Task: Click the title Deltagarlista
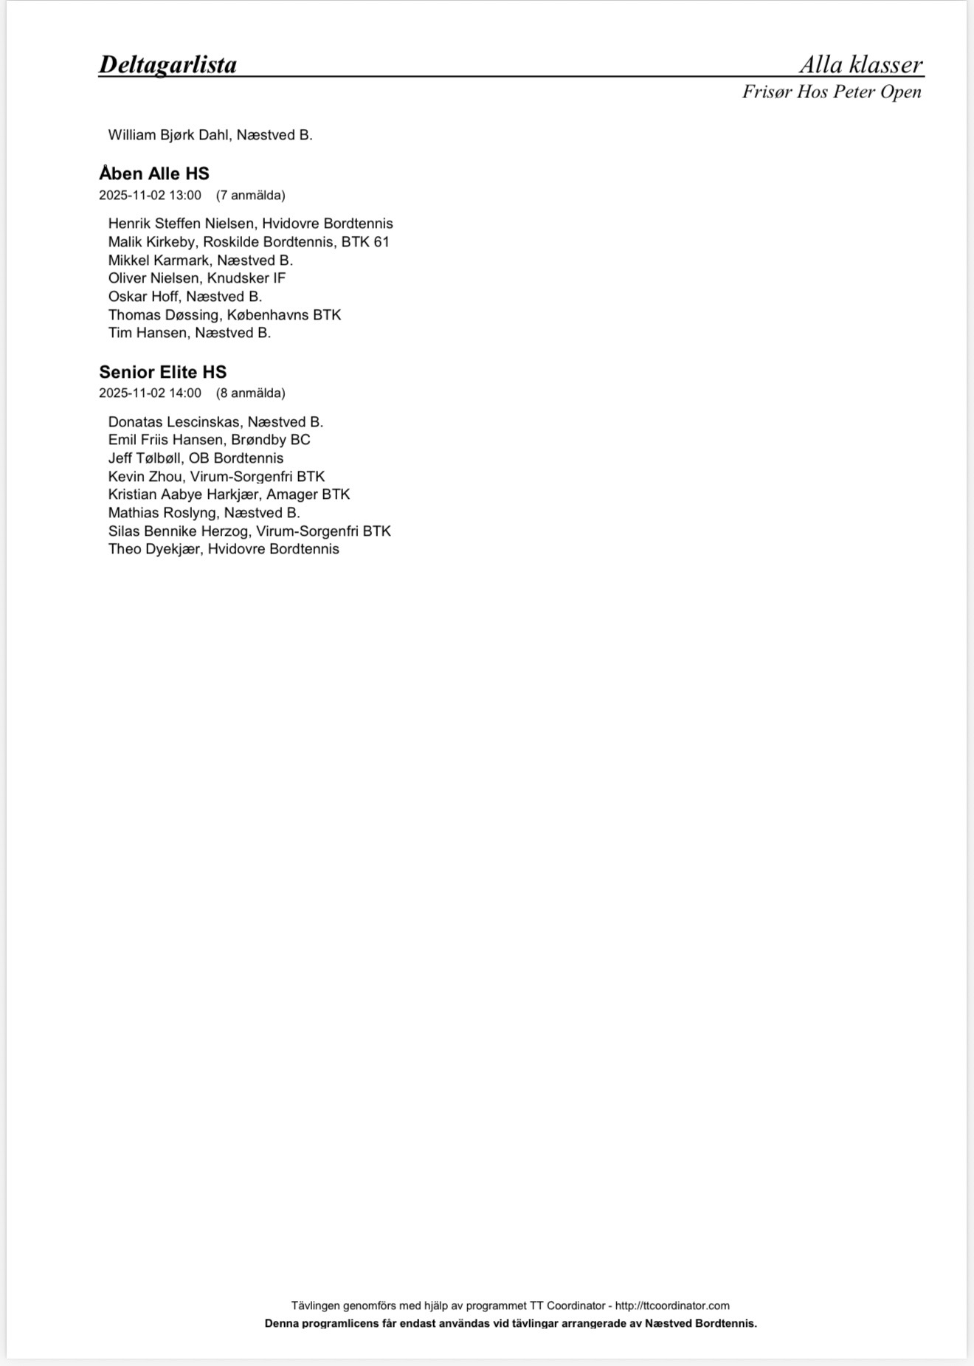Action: (x=167, y=65)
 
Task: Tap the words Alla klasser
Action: (x=860, y=65)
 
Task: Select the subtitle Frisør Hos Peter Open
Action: (x=832, y=92)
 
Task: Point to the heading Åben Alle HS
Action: (x=154, y=174)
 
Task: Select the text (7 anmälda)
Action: (x=251, y=196)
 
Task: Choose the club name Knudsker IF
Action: (x=246, y=278)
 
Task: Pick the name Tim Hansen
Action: (x=148, y=333)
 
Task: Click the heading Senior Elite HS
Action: (x=162, y=372)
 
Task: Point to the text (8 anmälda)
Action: (x=251, y=393)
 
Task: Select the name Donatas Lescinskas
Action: (x=174, y=422)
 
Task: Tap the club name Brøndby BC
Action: (x=271, y=440)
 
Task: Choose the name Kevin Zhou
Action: (x=145, y=477)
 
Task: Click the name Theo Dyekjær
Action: (x=154, y=549)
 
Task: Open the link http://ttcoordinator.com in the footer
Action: (x=672, y=1305)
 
